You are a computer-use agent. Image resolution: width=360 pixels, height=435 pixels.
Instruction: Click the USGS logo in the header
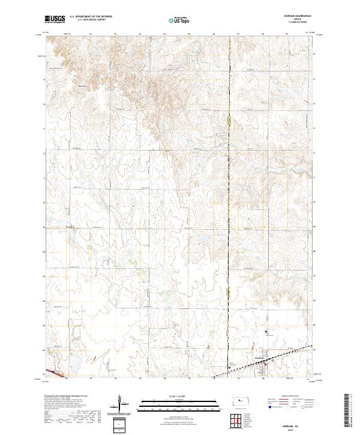53,20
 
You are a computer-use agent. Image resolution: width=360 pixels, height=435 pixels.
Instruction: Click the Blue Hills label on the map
84,85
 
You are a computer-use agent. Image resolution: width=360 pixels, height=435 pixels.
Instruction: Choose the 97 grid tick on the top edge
239,35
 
